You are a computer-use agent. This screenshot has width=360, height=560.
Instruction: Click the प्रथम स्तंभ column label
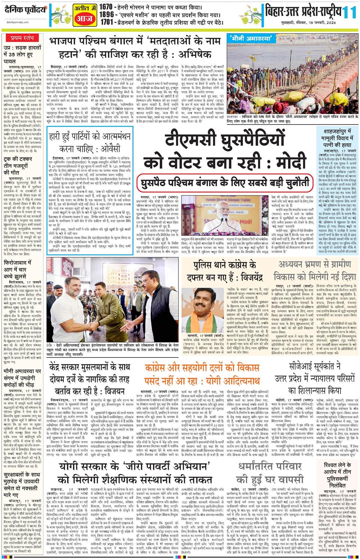click(22, 38)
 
